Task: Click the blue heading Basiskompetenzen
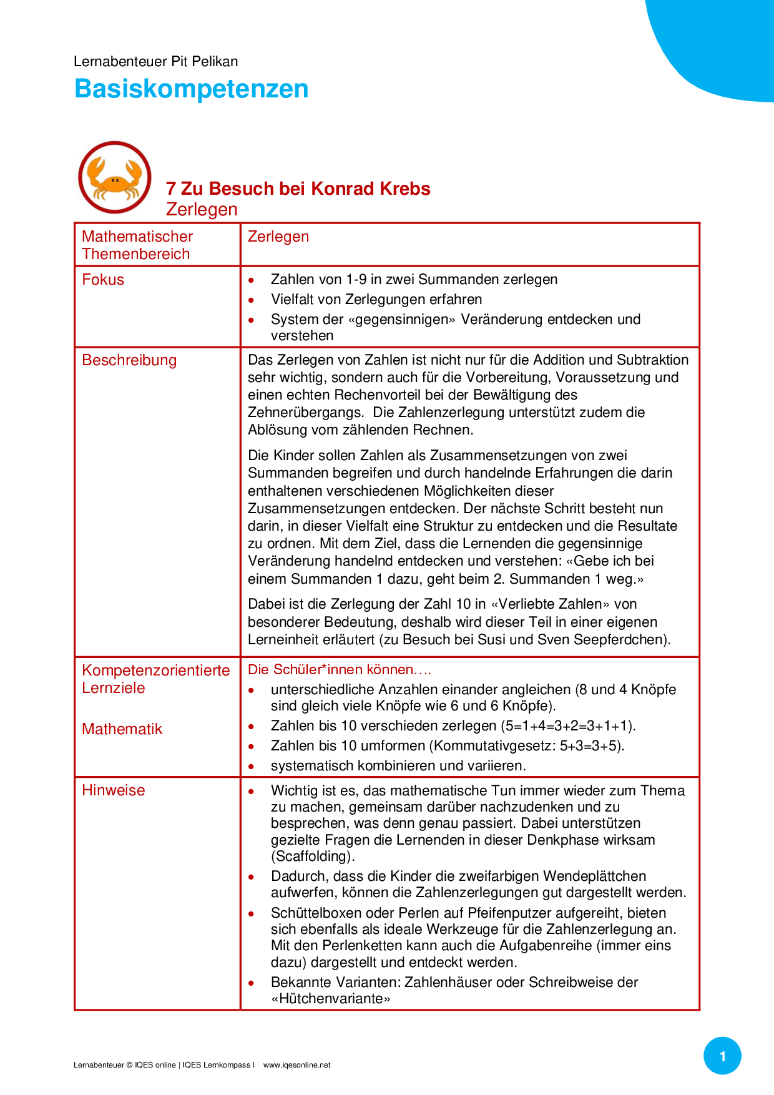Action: coord(191,89)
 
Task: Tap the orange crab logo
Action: coord(114,178)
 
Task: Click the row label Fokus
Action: coord(103,280)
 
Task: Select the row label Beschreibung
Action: coord(129,360)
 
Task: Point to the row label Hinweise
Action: coord(113,790)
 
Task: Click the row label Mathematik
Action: coord(122,729)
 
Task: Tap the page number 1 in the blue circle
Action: coord(722,1056)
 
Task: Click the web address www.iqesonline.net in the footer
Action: coord(296,1065)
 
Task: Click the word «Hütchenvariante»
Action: coord(331,998)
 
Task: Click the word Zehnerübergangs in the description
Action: coord(305,413)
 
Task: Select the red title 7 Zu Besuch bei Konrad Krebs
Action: coord(298,189)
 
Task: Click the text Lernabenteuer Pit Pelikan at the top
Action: coord(155,61)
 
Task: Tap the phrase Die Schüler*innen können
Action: coord(331,670)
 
